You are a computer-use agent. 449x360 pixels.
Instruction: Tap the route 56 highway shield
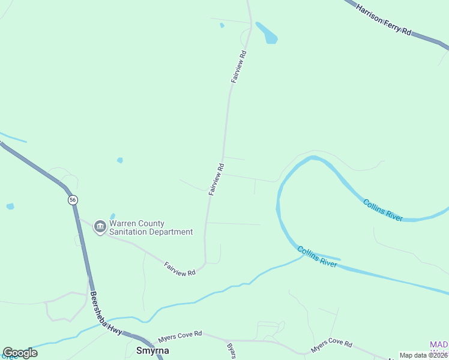pos(72,200)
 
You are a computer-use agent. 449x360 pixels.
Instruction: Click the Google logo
pos(20,353)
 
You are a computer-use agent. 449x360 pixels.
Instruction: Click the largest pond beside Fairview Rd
pos(268,33)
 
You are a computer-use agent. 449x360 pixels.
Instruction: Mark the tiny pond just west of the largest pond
pos(221,25)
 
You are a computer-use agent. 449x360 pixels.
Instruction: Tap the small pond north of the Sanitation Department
pos(120,160)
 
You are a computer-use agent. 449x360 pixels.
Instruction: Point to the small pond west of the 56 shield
pos(10,206)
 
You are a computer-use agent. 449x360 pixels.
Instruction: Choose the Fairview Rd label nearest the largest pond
pos(239,67)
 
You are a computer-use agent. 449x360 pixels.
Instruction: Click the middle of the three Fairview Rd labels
pos(216,179)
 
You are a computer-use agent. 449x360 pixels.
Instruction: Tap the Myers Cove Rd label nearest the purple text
pos(331,346)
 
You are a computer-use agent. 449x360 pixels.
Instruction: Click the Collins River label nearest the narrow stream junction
pos(316,256)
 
